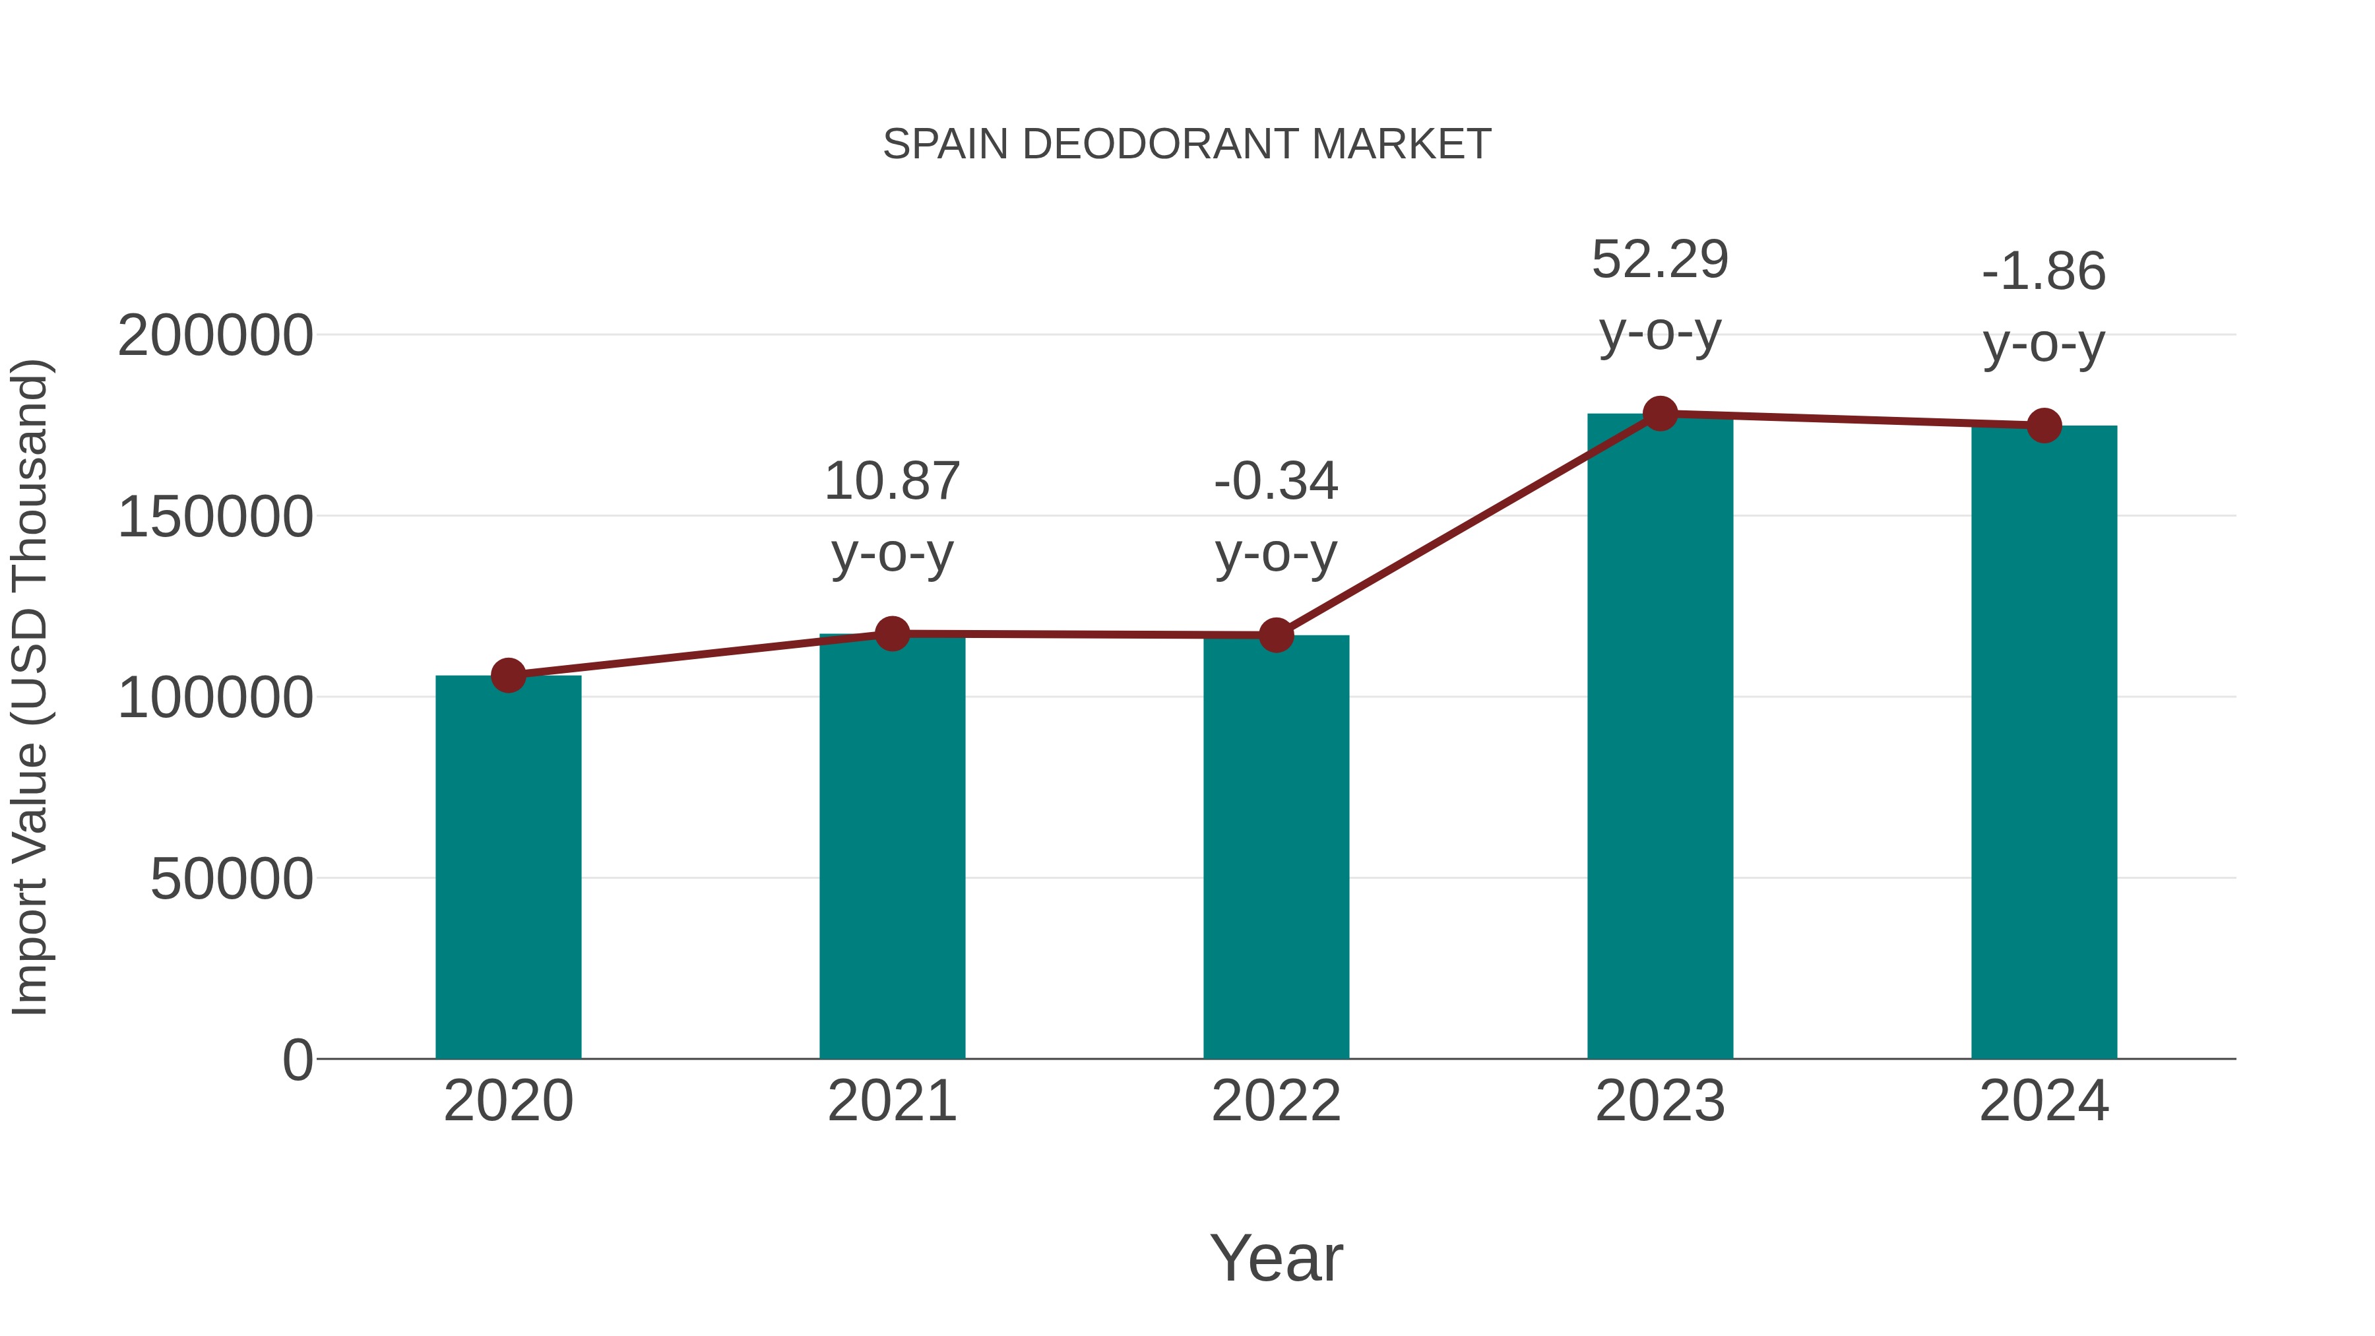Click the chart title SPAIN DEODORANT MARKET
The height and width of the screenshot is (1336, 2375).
point(1187,144)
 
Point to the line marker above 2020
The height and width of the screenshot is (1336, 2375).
point(508,675)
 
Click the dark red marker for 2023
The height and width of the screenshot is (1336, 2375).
point(1660,414)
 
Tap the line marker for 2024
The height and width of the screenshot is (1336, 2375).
point(2043,426)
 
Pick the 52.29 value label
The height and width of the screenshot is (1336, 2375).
point(1660,260)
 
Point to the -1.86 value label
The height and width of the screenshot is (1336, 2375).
point(2043,272)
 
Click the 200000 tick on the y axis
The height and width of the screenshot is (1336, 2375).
point(215,336)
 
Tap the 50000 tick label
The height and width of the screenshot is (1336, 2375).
point(232,879)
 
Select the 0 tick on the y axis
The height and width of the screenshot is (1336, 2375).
point(297,1060)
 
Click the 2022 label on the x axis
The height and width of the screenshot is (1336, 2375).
point(1275,1101)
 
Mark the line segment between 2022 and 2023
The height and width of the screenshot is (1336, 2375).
point(1468,525)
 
